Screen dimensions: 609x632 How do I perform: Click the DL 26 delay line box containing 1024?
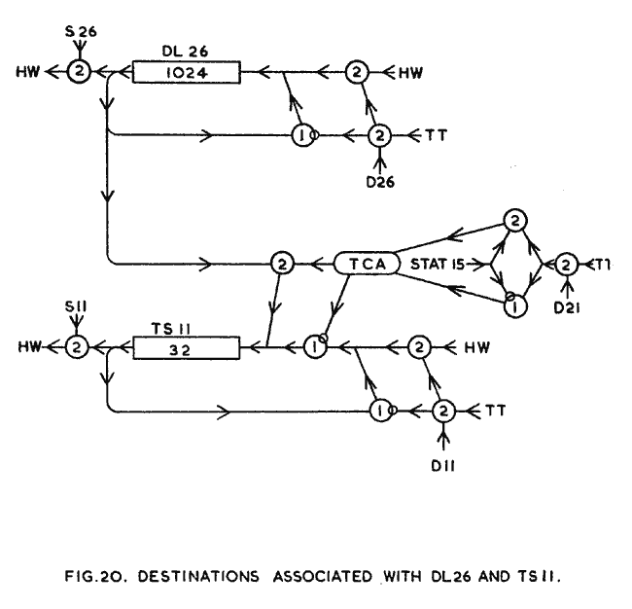click(185, 71)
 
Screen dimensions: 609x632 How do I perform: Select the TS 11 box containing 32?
click(185, 345)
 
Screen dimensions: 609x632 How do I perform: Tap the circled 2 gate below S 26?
click(79, 71)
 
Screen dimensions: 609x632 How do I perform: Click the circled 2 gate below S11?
click(79, 345)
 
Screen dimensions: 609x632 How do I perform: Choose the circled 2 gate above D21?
click(565, 264)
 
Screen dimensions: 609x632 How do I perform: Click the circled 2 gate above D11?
click(442, 410)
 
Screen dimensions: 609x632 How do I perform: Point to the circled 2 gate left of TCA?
click(282, 264)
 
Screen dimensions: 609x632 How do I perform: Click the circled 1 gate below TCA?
click(313, 345)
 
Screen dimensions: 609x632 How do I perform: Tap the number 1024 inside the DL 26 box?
click(185, 72)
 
